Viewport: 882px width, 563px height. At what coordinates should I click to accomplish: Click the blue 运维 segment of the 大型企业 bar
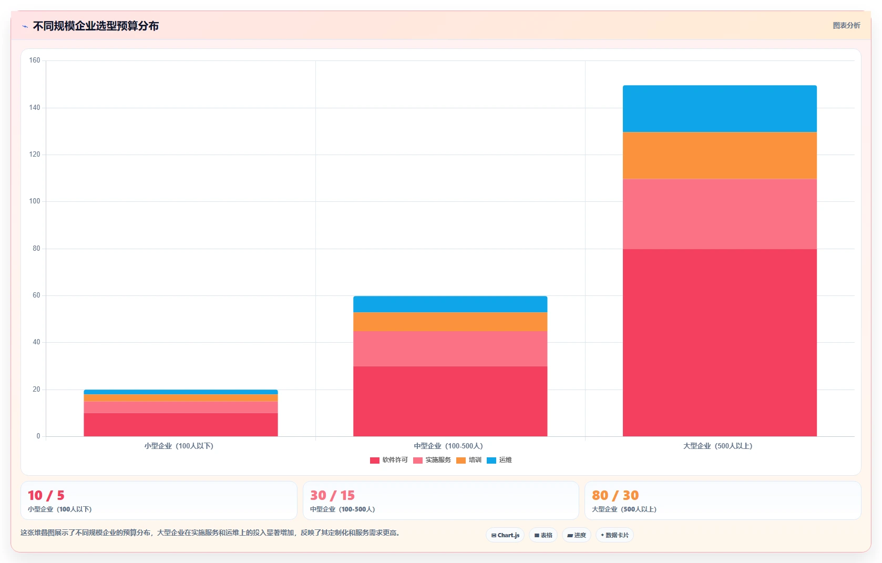point(720,109)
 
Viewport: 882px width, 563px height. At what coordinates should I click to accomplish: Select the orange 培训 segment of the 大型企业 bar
point(720,156)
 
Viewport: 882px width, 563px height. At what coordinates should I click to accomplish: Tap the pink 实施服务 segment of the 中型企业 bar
point(450,349)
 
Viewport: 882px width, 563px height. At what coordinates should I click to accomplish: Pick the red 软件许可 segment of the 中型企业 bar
point(450,401)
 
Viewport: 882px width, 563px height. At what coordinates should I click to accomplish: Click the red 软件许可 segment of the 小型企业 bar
point(181,425)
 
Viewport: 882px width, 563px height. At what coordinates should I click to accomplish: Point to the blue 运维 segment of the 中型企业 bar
point(450,304)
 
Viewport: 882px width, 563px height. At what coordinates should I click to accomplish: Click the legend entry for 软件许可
point(388,460)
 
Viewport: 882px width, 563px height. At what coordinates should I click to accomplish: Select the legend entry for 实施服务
point(432,460)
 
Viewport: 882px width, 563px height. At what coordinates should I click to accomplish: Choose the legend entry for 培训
point(468,460)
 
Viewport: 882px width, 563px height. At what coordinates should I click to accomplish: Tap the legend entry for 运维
point(499,460)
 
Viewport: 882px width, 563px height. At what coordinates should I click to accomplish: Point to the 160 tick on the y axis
point(35,60)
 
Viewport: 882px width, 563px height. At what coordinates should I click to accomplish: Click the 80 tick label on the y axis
point(36,249)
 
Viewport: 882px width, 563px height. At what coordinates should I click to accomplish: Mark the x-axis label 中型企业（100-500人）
point(448,446)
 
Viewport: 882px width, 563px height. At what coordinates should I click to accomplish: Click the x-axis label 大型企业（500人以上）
point(717,446)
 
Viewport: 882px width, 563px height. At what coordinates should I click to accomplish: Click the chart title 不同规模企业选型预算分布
point(96,26)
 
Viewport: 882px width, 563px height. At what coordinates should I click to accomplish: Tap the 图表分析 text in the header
point(847,26)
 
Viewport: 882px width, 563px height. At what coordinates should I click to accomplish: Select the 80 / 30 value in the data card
point(615,495)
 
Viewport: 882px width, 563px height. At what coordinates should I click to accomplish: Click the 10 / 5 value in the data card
point(46,495)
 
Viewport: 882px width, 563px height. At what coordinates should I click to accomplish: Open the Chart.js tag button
point(505,535)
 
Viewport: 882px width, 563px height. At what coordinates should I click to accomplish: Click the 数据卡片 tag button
point(614,535)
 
